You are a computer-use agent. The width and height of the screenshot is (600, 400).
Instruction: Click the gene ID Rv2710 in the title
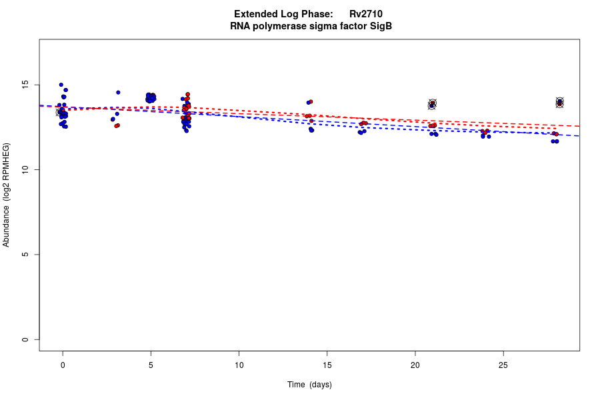pos(365,14)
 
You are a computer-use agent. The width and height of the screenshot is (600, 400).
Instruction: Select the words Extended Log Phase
pos(283,14)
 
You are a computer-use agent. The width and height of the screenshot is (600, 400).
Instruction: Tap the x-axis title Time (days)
pos(309,385)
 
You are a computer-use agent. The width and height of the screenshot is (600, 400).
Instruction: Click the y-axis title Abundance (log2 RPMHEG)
pos(7,195)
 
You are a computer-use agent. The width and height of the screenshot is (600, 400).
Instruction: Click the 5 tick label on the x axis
pos(151,365)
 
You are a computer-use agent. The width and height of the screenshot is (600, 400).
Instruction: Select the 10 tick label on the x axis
pos(239,365)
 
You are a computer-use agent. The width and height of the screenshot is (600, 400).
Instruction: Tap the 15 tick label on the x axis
pos(327,365)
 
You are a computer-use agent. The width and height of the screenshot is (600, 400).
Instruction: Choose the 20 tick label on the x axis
pos(415,365)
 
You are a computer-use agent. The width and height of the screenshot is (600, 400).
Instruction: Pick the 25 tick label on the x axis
pos(503,365)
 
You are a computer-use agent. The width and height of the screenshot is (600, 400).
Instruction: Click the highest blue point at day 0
pos(61,85)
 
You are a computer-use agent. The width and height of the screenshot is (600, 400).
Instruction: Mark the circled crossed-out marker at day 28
pos(560,102)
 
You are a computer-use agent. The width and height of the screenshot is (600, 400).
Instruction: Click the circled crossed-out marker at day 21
pos(432,104)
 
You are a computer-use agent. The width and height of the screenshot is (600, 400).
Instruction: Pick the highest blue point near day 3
pos(118,93)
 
